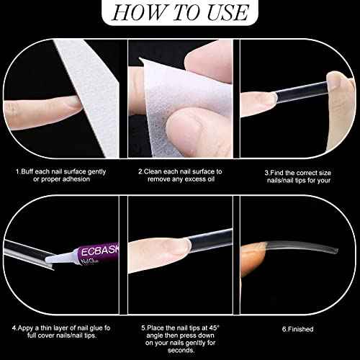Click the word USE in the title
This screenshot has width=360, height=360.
[x=228, y=12]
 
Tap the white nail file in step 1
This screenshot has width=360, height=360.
[x=94, y=96]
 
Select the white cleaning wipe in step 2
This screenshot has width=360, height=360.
[x=182, y=106]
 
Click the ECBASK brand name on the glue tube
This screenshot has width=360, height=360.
[x=100, y=251]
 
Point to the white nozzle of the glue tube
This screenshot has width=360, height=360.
[x=60, y=257]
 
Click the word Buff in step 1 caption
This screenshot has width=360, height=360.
[x=27, y=171]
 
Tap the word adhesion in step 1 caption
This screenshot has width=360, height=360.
[x=76, y=179]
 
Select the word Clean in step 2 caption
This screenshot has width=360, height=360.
[x=153, y=171]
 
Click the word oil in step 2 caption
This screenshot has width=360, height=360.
[x=210, y=179]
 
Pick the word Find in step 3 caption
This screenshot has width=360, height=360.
[x=277, y=173]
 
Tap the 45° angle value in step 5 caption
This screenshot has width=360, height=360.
[x=215, y=328]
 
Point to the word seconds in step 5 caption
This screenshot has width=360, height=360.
[x=181, y=350]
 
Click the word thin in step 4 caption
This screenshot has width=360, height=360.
[x=48, y=328]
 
